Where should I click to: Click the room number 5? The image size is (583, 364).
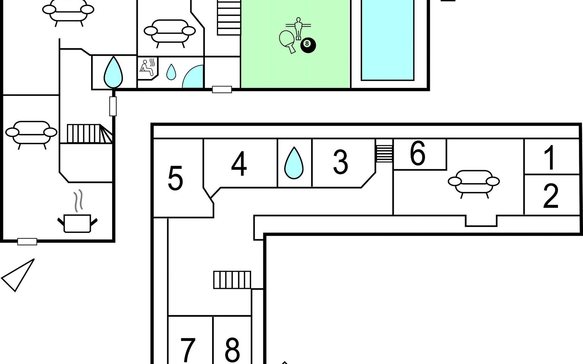[x=175, y=178]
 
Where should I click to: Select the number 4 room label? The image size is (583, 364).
[x=239, y=164]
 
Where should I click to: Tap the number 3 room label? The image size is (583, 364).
[x=340, y=163]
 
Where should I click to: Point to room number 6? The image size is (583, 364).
[x=418, y=154]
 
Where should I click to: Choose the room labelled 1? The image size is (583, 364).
[x=549, y=158]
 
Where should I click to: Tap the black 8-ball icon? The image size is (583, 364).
[x=308, y=45]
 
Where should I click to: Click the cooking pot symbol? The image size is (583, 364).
[x=77, y=223]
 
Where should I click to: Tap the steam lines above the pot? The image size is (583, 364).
[x=78, y=201]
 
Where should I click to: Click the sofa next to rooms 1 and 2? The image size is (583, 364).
[x=474, y=182]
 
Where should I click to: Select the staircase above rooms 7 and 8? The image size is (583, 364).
[x=232, y=280]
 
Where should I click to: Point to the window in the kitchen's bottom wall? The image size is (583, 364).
[x=27, y=242]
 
